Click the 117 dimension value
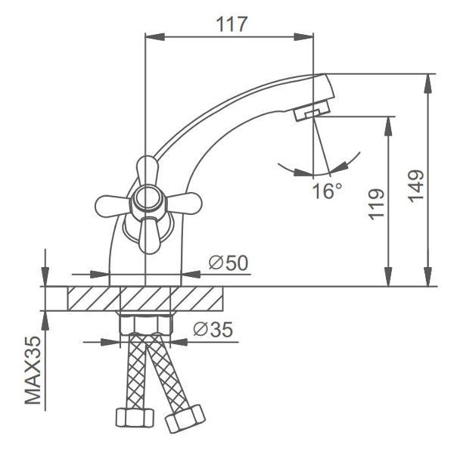pyautogui.click(x=232, y=24)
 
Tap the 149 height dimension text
pyautogui.click(x=416, y=186)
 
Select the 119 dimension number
pyautogui.click(x=376, y=204)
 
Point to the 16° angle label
pyautogui.click(x=328, y=191)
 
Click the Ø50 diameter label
pyautogui.click(x=229, y=263)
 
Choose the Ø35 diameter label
pyautogui.click(x=213, y=329)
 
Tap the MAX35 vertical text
pyautogui.click(x=33, y=370)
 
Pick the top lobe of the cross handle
pyautogui.click(x=148, y=170)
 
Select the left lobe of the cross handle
pyautogui.click(x=112, y=206)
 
